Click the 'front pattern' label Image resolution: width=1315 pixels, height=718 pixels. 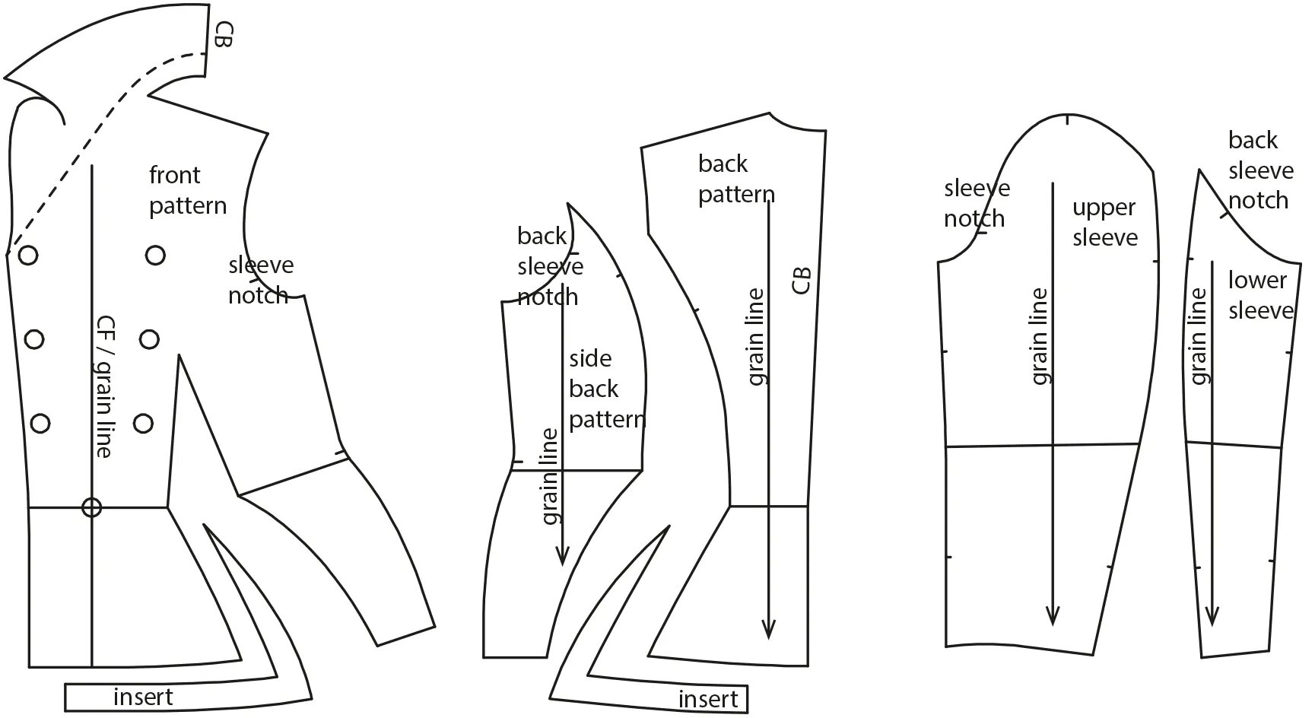coord(187,190)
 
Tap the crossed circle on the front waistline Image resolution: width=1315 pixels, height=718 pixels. coord(91,507)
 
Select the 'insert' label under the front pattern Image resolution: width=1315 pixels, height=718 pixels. coord(143,697)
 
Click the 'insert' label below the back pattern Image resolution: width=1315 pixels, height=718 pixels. coord(708,699)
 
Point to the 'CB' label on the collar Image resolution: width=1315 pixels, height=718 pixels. coord(222,34)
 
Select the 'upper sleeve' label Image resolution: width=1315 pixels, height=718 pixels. coord(1105,222)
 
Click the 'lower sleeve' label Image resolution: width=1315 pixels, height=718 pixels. coord(1259,295)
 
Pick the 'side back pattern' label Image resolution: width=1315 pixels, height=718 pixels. coord(605,389)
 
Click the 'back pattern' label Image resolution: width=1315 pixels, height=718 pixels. coord(735,179)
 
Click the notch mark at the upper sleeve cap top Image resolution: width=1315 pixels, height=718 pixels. coord(1069,119)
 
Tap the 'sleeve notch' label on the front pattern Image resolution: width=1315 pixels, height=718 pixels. coord(260,280)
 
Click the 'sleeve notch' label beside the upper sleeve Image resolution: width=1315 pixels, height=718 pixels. coord(977,203)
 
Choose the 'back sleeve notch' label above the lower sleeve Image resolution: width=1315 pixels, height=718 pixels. coord(1260,170)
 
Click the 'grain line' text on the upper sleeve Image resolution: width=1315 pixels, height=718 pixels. coord(1040,336)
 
